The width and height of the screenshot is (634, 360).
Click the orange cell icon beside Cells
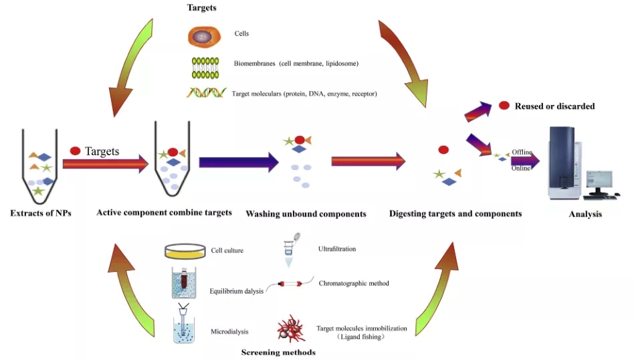(205, 37)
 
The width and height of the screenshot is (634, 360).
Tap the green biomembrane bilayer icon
(205, 68)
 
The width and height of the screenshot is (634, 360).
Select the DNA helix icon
(206, 93)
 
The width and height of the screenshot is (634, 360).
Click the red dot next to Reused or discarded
(504, 106)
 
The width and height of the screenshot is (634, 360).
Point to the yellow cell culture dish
(185, 251)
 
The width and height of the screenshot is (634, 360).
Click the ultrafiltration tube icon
(290, 250)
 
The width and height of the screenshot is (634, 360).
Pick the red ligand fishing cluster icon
(291, 329)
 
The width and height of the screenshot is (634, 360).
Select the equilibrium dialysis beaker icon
(184, 282)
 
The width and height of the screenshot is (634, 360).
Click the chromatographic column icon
(290, 284)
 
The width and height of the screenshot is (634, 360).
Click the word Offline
(522, 152)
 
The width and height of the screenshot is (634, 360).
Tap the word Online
(521, 168)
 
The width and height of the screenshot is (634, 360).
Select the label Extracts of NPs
(41, 213)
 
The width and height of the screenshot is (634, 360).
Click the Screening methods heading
(278, 353)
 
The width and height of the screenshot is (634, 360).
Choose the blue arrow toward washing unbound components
(239, 162)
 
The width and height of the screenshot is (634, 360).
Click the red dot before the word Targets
(75, 151)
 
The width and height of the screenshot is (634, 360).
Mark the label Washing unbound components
(306, 214)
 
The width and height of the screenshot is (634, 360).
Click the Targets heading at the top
(202, 7)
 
